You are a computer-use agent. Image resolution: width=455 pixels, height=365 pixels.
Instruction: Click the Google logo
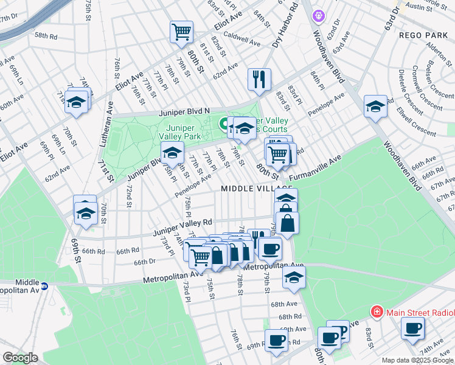(20, 358)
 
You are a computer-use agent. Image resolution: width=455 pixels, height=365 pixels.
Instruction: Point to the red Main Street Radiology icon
(377, 312)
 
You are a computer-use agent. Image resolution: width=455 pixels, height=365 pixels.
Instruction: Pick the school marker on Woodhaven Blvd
(375, 106)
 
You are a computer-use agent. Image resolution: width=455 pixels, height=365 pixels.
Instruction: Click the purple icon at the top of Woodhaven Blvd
(318, 15)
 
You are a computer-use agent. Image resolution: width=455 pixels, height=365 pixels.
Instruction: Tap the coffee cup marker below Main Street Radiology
(413, 328)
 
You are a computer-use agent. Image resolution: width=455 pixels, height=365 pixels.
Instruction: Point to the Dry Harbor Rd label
(285, 26)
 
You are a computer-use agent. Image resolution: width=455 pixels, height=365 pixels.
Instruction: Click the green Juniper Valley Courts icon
(223, 124)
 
